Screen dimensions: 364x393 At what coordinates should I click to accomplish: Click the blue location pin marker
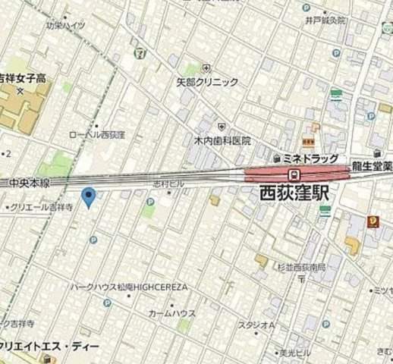tap(89, 197)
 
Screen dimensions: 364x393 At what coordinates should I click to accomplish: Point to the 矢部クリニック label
tap(207, 81)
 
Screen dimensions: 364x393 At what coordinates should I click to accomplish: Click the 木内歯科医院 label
tap(222, 140)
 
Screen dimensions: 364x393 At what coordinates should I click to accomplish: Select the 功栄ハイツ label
tap(64, 25)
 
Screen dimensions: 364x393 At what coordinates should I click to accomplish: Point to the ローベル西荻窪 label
tap(96, 133)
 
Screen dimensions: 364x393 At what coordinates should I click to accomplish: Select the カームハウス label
tap(171, 313)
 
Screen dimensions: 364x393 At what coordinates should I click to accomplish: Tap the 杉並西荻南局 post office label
tap(301, 268)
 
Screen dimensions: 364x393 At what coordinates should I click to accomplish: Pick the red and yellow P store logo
tap(373, 221)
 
